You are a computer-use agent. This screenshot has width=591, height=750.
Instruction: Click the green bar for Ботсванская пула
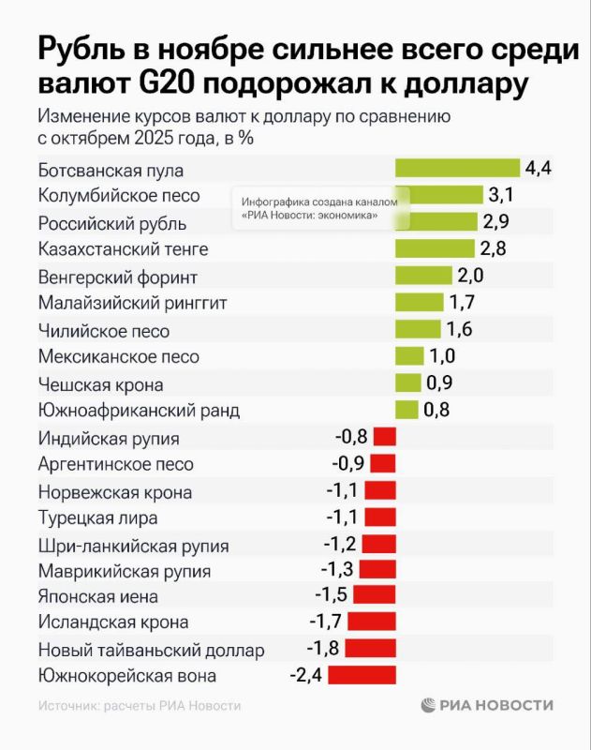457,169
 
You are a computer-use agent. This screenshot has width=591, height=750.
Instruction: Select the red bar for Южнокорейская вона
362,675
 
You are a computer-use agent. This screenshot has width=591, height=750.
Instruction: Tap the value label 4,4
539,169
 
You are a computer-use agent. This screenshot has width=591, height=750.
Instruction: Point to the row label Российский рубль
112,223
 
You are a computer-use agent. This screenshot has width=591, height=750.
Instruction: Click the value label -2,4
303,675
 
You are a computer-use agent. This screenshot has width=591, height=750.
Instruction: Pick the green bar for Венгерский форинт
423,276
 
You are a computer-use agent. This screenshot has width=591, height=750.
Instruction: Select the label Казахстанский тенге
123,249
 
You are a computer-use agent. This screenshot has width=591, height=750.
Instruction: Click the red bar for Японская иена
377,595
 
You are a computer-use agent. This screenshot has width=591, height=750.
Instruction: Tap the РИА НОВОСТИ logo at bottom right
487,705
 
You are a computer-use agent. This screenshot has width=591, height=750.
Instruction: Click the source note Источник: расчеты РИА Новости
140,706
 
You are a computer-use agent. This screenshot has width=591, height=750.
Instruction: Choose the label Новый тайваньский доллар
152,650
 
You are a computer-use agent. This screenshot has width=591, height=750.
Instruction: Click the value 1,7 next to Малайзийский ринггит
463,302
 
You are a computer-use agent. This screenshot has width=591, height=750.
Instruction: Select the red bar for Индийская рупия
385,437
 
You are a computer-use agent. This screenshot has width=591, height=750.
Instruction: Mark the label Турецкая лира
97,517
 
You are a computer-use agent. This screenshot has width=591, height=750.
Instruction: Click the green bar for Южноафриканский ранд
406,410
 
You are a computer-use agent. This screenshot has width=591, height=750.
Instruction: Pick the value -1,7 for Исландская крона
324,622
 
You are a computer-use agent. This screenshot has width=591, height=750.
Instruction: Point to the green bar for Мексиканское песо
409,356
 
